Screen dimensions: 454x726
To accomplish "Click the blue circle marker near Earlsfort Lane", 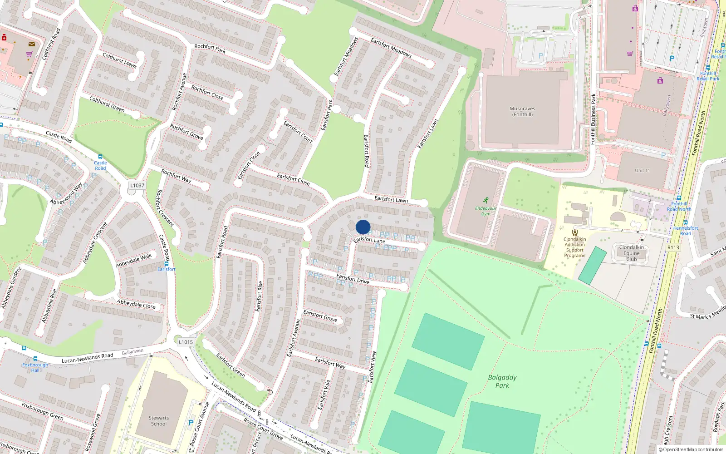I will pyautogui.click(x=363, y=227).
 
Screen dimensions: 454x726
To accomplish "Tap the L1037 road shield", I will pyautogui.click(x=137, y=185).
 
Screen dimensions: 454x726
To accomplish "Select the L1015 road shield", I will pyautogui.click(x=186, y=342).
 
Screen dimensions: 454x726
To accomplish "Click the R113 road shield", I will pyautogui.click(x=673, y=247).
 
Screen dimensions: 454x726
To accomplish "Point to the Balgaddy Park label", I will pyautogui.click(x=502, y=381).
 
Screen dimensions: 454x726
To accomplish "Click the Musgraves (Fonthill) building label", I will pyautogui.click(x=522, y=112).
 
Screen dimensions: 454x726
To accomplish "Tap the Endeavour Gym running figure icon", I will pyautogui.click(x=486, y=200).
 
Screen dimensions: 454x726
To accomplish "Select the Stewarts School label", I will pyautogui.click(x=158, y=421).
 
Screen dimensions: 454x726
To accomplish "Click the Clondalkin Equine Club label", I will pyautogui.click(x=631, y=253).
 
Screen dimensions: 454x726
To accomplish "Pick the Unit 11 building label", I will pyautogui.click(x=642, y=170).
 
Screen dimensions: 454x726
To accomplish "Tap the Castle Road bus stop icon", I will pyautogui.click(x=100, y=157).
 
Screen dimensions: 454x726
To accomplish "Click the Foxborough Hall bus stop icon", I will pyautogui.click(x=35, y=359).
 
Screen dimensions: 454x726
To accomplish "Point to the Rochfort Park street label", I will pyautogui.click(x=210, y=48).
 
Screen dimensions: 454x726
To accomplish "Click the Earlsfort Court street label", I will pyautogui.click(x=298, y=132).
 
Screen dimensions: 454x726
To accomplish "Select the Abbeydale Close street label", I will pyautogui.click(x=136, y=304).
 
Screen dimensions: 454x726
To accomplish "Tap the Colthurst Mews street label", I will pyautogui.click(x=119, y=60).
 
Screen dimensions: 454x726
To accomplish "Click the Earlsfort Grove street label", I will pyautogui.click(x=320, y=316).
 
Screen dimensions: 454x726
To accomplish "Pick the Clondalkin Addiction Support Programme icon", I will pyautogui.click(x=574, y=232).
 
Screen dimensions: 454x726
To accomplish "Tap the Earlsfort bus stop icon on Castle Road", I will pyautogui.click(x=167, y=263).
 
